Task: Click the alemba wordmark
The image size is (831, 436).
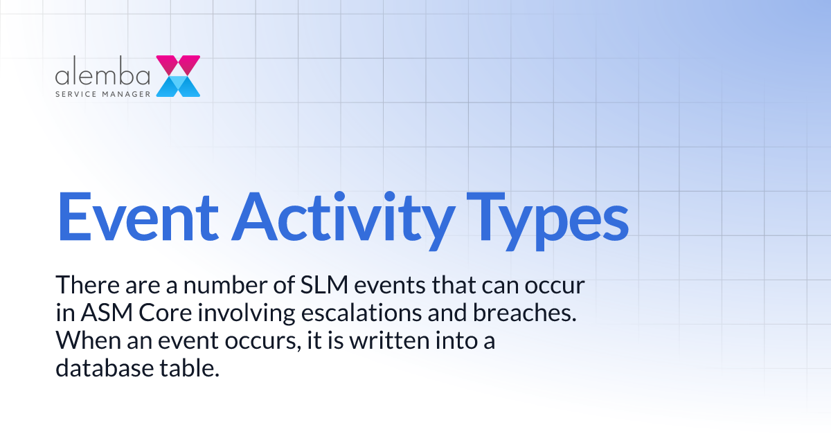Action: pos(103,73)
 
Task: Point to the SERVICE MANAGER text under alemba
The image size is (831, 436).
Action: pos(102,91)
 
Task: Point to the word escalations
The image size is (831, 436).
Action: pos(369,313)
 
